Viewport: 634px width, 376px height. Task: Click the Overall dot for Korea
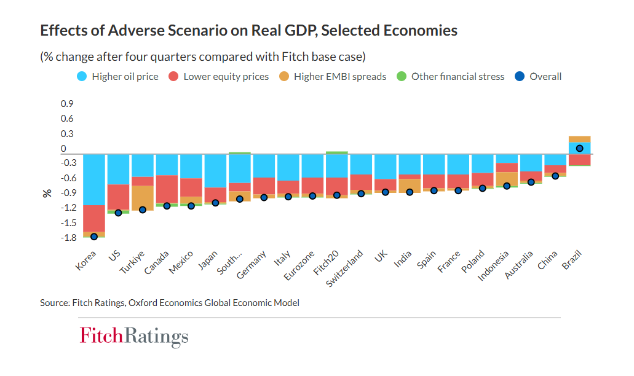(94, 237)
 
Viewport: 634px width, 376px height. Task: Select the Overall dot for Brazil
(579, 148)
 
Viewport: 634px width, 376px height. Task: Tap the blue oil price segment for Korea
(94, 179)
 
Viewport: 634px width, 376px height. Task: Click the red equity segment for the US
(118, 197)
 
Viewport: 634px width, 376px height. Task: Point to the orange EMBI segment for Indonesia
(507, 179)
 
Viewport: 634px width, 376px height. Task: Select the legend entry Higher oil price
(118, 77)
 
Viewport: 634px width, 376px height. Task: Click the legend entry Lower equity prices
(219, 77)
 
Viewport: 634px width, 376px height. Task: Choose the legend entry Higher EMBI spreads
(333, 77)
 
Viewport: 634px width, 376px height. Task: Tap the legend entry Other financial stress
(451, 77)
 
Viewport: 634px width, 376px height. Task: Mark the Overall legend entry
(539, 77)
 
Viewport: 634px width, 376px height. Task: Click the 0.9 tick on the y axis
(66, 103)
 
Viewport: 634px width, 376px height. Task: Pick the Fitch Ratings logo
(134, 337)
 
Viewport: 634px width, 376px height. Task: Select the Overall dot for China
(555, 176)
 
